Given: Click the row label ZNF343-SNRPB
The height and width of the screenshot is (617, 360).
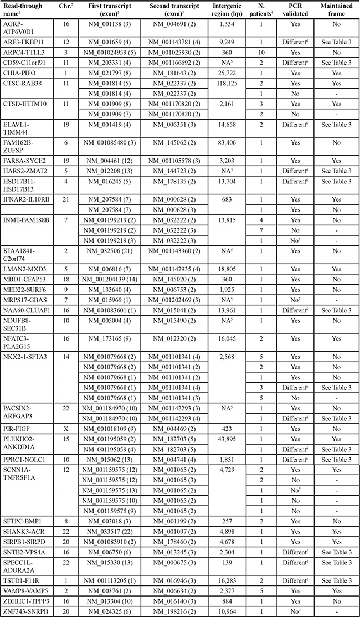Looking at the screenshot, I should tap(26, 610).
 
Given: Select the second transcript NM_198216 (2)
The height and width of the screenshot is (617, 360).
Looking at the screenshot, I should tap(170, 610).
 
